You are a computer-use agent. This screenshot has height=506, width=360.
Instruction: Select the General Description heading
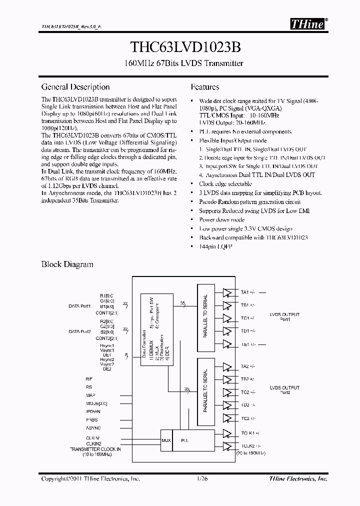[x=75, y=87]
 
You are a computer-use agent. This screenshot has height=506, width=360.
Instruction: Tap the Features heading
[x=204, y=87]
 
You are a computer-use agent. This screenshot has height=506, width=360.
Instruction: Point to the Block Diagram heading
[x=67, y=264]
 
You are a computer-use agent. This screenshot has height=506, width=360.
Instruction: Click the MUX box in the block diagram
[x=166, y=440]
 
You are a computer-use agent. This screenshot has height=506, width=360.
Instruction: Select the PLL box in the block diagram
[x=185, y=440]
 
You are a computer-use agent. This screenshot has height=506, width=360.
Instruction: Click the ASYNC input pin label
[x=93, y=428]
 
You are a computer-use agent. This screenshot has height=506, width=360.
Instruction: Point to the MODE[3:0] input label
[x=96, y=402]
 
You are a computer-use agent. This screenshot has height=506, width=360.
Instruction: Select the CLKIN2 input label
[x=93, y=443]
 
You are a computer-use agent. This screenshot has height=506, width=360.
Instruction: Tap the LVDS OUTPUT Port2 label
[x=284, y=390]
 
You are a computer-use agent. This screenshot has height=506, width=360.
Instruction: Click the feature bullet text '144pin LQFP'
[x=216, y=246]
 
